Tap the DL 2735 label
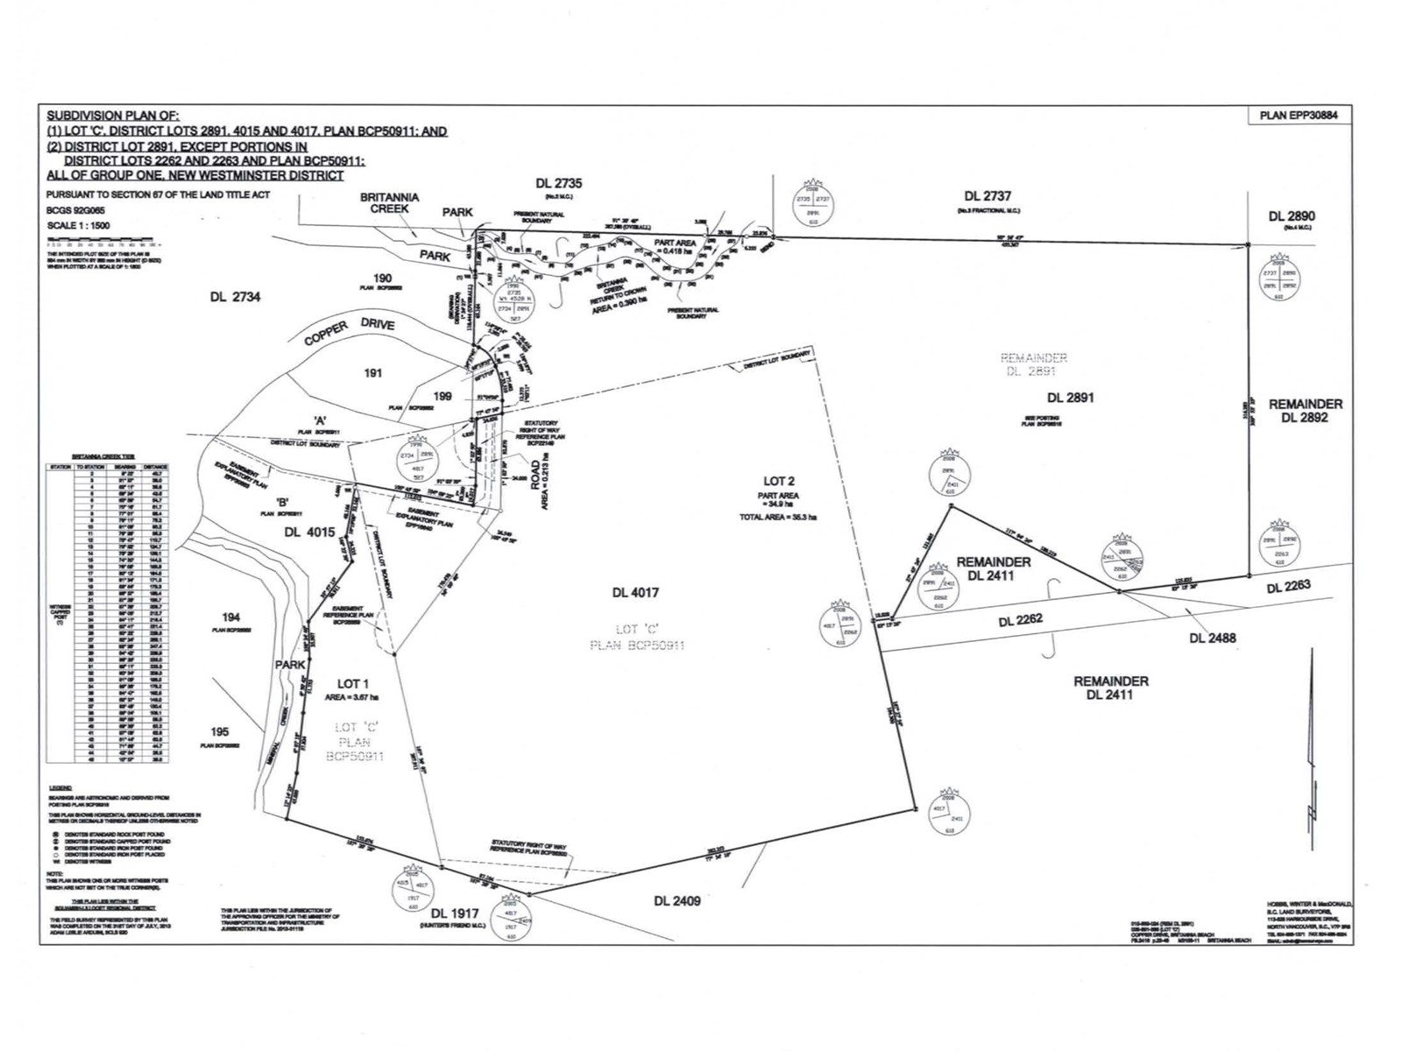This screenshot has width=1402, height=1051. tap(558, 183)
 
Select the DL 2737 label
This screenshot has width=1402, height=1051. tap(988, 196)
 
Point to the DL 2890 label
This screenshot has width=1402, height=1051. tap(1292, 215)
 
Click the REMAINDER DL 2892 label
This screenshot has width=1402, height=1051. tap(1306, 411)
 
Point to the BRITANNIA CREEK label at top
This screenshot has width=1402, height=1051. tap(389, 203)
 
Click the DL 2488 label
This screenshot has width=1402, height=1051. tap(1212, 638)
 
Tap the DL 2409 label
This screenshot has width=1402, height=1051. tap(677, 900)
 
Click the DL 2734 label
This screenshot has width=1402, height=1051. tap(235, 297)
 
